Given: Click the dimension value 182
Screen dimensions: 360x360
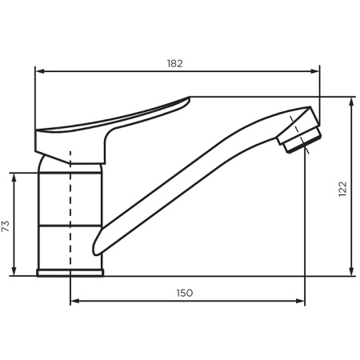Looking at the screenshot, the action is (x=175, y=63).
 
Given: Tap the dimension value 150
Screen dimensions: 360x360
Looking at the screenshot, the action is (x=185, y=293).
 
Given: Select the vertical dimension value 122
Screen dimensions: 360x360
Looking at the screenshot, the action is (x=342, y=189).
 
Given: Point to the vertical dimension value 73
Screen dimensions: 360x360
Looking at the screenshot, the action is (x=6, y=226).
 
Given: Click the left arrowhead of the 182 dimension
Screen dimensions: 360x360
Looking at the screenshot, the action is (x=40, y=71).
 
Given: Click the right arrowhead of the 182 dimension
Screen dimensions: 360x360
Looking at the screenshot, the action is (x=314, y=71).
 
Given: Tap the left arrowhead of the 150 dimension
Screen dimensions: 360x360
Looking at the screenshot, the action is (x=75, y=301).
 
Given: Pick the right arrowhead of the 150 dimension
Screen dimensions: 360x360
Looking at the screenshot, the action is (x=300, y=301).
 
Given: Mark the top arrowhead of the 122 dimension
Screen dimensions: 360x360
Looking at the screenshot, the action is (x=352, y=102).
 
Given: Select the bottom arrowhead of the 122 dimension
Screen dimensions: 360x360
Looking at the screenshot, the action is (x=352, y=271).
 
